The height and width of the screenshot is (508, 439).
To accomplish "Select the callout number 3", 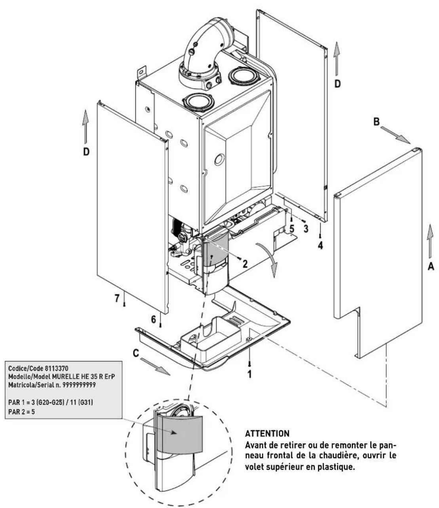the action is click(306, 229).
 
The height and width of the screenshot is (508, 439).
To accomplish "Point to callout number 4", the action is click(320, 245).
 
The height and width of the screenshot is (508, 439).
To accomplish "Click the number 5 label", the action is click(291, 229).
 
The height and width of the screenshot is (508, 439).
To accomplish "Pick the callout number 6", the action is click(154, 319).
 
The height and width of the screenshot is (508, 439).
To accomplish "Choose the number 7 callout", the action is click(117, 298).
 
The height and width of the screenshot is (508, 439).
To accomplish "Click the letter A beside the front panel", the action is click(431, 266).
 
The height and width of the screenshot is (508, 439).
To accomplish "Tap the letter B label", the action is click(376, 122).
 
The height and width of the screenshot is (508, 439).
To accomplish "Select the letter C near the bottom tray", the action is click(136, 353).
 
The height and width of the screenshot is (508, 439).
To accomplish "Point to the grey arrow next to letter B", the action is click(395, 135).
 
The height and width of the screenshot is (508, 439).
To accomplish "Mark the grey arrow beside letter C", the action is click(155, 367).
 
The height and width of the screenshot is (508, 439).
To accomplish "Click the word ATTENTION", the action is click(267, 433).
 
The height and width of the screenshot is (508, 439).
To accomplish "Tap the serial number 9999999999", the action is click(79, 385).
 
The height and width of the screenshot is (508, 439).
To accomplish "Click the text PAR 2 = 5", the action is click(22, 412).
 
